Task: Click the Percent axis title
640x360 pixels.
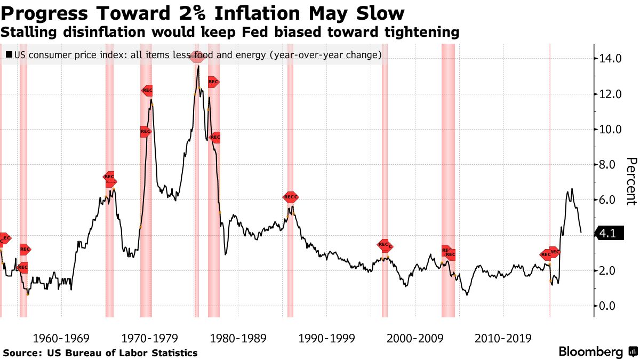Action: pos(631,181)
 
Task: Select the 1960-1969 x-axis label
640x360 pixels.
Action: pos(61,338)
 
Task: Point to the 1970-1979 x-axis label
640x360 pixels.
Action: pos(149,338)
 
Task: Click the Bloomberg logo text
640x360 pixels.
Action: pos(590,352)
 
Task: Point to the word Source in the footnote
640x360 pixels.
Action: pos(22,353)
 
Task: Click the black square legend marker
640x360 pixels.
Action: pos(9,54)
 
